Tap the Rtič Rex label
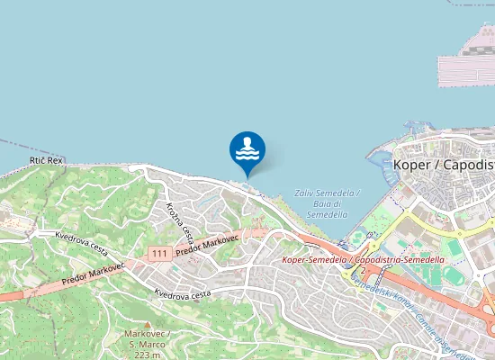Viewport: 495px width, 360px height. click(x=46, y=160)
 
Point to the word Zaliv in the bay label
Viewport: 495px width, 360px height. click(x=308, y=193)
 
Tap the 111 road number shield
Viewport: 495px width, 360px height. click(x=160, y=253)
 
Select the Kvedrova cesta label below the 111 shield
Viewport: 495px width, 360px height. click(x=183, y=293)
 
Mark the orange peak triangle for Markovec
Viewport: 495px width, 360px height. click(x=148, y=324)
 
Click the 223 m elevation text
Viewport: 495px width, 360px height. click(x=148, y=355)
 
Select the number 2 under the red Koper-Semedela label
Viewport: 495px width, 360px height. click(x=362, y=270)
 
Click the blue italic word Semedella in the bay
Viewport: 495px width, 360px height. click(x=326, y=215)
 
